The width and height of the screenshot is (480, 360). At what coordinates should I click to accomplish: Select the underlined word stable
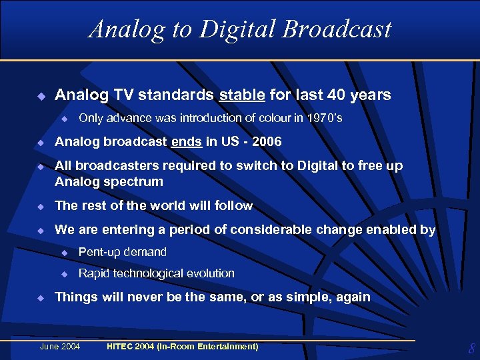point(241,95)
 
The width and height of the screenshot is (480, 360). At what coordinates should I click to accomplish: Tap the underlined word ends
point(186,141)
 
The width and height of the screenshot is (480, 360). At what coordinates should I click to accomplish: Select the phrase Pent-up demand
point(122,252)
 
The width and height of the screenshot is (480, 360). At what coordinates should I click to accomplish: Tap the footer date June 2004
point(60,346)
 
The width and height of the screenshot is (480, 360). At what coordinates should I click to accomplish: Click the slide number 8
point(471,348)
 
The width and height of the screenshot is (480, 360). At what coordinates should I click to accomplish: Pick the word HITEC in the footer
point(121,346)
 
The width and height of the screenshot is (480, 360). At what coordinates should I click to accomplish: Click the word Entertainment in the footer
point(229,346)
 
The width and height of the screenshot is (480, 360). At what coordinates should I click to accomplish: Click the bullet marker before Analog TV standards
point(40,96)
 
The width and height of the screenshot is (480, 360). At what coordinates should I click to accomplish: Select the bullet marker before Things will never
point(40,298)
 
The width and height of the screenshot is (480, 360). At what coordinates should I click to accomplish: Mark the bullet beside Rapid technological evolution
point(65,274)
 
